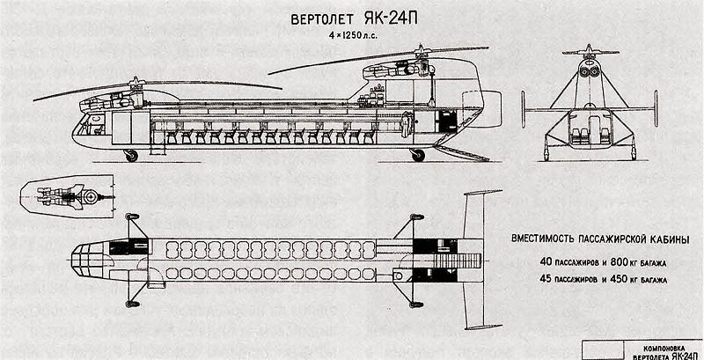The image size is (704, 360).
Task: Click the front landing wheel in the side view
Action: pyautogui.click(x=133, y=157)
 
